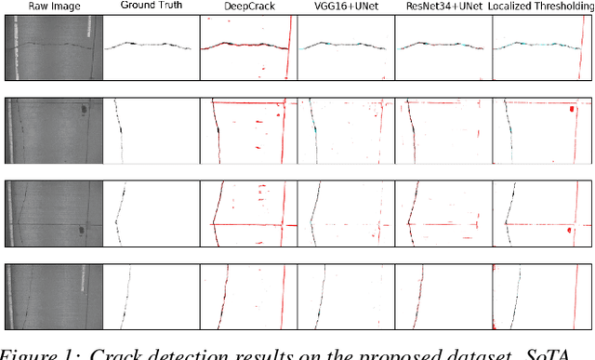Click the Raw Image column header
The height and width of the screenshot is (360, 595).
click(x=51, y=7)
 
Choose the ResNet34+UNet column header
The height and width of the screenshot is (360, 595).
click(x=443, y=7)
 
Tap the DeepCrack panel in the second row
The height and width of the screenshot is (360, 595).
click(x=247, y=129)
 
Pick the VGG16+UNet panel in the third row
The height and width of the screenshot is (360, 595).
click(x=345, y=212)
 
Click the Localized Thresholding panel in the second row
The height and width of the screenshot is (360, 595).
click(x=541, y=129)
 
